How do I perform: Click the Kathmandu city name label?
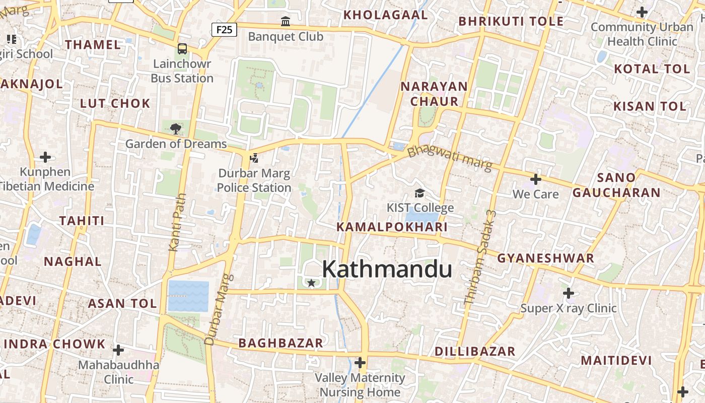click(x=387, y=269)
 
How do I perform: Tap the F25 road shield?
click(x=224, y=30)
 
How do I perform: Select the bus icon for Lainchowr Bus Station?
click(x=182, y=49)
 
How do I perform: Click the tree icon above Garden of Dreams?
click(x=176, y=129)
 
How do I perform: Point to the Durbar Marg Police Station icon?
click(x=254, y=158)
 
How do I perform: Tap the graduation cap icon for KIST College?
click(x=419, y=193)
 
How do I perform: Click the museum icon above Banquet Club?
click(x=286, y=22)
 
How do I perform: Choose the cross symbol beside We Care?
click(x=536, y=179)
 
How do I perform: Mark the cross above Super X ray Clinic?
click(x=569, y=293)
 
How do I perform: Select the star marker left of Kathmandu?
click(x=311, y=283)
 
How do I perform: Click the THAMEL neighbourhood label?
click(x=93, y=44)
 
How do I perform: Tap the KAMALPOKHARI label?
click(x=392, y=227)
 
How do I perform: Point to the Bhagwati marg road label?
click(x=450, y=158)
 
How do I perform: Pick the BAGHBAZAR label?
click(x=280, y=343)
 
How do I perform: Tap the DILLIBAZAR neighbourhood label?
click(x=475, y=351)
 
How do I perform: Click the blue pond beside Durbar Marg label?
click(x=188, y=296)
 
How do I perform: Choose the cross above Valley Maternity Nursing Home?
click(x=360, y=362)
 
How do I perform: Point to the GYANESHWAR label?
click(x=546, y=258)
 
